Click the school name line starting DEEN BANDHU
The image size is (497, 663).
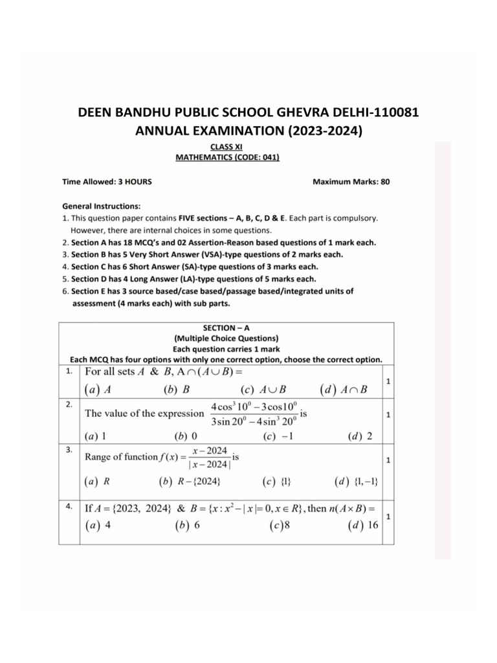tap(248, 112)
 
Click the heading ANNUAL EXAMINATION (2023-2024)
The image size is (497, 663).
tap(248, 131)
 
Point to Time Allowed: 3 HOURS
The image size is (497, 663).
tap(107, 182)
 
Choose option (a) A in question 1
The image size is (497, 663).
tap(99, 390)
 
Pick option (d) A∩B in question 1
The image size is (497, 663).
tap(343, 390)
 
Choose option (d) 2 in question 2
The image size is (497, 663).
tap(360, 436)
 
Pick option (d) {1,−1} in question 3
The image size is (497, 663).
tap(357, 482)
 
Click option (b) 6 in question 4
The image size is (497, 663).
tap(188, 526)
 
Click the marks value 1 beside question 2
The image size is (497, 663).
tap(388, 413)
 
